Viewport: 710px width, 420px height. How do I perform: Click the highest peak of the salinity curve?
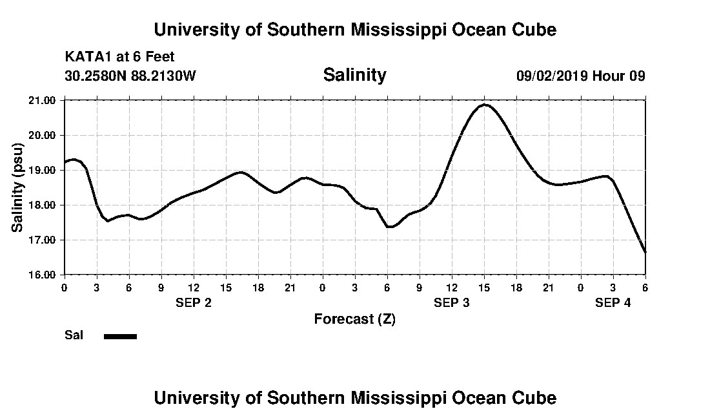coord(485,105)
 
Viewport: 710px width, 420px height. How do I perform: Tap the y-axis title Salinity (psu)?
coord(17,187)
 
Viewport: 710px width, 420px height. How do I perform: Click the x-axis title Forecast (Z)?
coord(354,319)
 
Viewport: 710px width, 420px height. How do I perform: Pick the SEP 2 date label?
coord(194,302)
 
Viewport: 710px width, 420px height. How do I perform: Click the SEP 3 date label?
coord(452,302)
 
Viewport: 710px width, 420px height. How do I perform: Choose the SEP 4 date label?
coord(613,302)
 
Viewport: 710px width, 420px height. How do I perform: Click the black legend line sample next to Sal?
coord(120,336)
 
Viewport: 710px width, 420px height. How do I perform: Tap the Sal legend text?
coord(74,335)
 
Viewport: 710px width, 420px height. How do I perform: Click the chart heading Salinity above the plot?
coord(354,75)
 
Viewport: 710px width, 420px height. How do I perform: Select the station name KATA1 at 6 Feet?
coord(119,57)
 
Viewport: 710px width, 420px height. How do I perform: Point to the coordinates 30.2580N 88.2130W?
coord(130,76)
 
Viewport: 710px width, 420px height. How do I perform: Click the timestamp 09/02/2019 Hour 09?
coord(580,76)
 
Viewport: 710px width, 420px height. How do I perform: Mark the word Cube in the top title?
coord(533,30)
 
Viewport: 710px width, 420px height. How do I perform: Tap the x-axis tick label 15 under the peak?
coord(484,287)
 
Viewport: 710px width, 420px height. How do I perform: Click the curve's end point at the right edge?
coord(645,252)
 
